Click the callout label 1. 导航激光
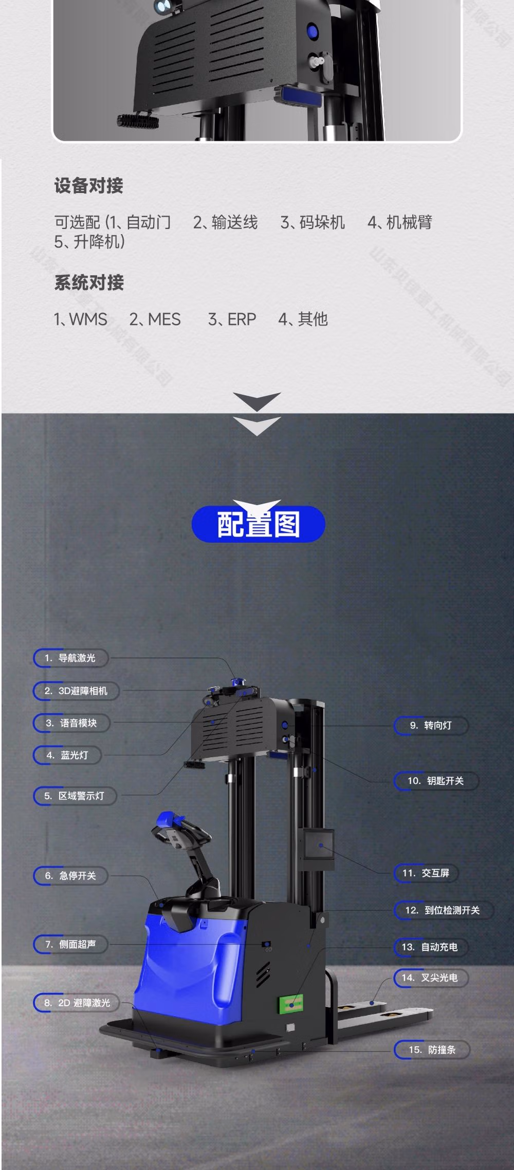point(71,658)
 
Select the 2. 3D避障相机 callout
point(77,691)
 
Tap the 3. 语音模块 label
point(72,723)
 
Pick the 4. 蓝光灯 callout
point(68,755)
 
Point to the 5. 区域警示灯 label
point(75,796)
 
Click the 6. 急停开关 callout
point(71,876)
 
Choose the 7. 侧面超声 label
point(71,944)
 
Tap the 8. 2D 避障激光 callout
point(77,1003)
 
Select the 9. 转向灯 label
point(431,725)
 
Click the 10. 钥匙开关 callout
point(436,781)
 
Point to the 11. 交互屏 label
point(426,873)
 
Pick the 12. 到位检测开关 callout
point(444,910)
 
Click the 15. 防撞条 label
point(432,1050)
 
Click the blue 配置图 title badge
point(258,524)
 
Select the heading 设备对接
point(89,186)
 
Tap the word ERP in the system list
point(241,319)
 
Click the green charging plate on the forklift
point(291,1002)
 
